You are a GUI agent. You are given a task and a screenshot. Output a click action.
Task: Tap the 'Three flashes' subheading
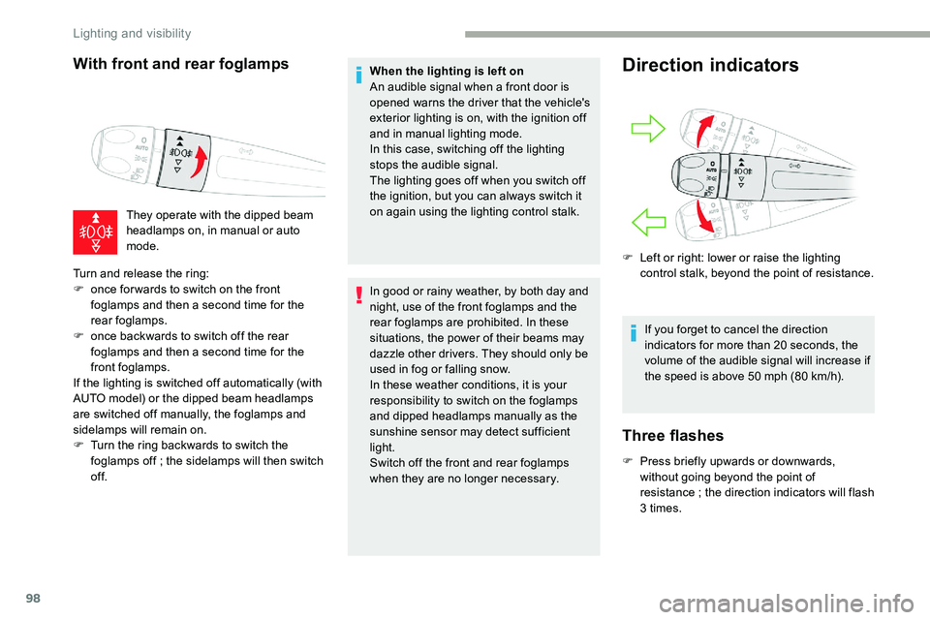(x=673, y=435)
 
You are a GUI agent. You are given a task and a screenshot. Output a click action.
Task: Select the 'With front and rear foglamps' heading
(x=180, y=64)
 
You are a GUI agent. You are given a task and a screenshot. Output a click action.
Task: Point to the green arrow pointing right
(x=644, y=129)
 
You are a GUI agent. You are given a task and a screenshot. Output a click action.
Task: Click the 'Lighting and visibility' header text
(x=133, y=33)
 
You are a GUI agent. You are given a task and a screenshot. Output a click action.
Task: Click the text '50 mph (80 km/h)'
(x=770, y=376)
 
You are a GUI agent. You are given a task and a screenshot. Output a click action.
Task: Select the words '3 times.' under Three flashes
(x=662, y=508)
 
